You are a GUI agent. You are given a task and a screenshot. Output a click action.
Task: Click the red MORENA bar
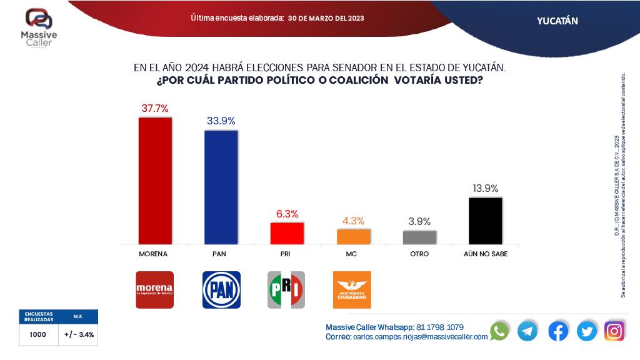pos(154,181)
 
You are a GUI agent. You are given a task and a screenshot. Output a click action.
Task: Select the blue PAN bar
pos(221,187)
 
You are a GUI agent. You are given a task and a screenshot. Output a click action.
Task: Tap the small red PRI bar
pos(287,233)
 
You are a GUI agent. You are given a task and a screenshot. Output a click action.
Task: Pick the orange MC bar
pos(353,236)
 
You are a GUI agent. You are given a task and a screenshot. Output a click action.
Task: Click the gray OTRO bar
pos(419,237)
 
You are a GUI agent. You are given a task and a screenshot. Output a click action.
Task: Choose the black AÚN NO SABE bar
pos(486,221)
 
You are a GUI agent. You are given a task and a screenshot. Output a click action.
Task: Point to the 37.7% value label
pos(154,108)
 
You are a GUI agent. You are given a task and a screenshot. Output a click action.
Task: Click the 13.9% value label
pos(486,188)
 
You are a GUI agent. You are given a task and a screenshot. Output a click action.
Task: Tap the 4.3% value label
pos(353,221)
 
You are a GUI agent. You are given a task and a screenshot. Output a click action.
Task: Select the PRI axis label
pos(287,255)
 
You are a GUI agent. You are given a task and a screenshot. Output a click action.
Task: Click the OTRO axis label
pos(419,255)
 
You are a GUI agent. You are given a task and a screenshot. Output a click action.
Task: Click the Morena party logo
pos(154,289)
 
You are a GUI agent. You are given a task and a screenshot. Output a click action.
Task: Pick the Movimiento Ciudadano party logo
pos(352,289)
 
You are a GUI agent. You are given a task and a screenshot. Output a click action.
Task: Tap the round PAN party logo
pos(221,289)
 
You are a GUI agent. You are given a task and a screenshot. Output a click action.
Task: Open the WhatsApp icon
pos(499,331)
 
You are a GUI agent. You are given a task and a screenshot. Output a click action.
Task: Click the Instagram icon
pos(614,331)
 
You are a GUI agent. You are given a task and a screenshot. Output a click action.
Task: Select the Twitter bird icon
pos(587,331)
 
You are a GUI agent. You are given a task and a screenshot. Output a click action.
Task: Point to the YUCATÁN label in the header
pos(557,21)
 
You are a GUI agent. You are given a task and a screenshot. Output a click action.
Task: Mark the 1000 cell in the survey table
pos(37,334)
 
